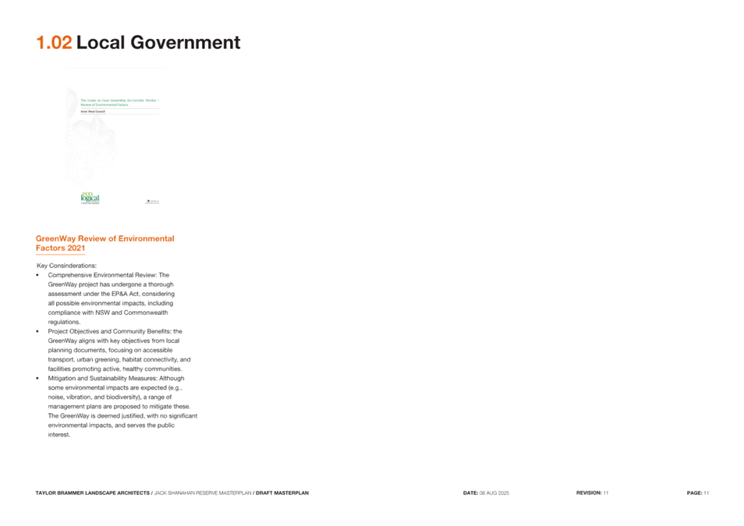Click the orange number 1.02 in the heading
pos(54,43)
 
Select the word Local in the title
pos(101,43)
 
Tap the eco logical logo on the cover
pos(90,198)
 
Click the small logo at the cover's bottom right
pos(153,202)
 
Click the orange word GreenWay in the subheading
pos(55,238)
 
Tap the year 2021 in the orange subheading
pos(76,249)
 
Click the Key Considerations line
pos(67,266)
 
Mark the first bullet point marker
pos(38,275)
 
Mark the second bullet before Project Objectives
pos(38,331)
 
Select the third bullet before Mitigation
pos(38,378)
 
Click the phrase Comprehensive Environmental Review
pos(102,275)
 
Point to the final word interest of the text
pos(58,435)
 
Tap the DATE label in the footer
pos(470,492)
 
